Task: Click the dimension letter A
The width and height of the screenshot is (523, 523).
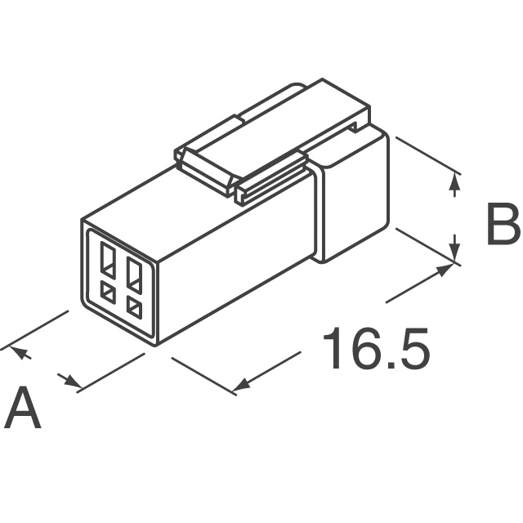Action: coord(25,407)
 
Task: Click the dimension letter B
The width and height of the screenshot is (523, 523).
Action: coord(503,224)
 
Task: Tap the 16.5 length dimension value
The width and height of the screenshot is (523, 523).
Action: coord(376,348)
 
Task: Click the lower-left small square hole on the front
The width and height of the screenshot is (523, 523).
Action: coord(108,293)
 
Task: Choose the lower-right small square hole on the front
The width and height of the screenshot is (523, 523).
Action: coord(134,308)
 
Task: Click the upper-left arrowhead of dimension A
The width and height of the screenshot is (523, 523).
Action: coord(20,352)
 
